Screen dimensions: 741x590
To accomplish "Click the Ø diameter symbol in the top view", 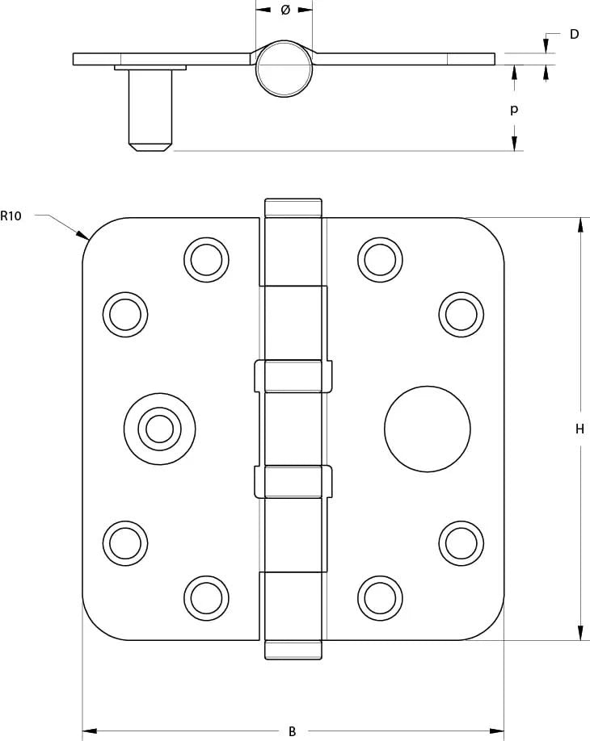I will point(284,10).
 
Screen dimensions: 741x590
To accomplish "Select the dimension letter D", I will point(574,34).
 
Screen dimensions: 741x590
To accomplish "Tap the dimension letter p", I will point(514,109).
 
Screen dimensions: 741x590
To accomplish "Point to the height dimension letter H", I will point(579,429).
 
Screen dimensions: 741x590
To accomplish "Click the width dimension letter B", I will point(293,731).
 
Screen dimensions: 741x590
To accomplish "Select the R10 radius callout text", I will point(11,216).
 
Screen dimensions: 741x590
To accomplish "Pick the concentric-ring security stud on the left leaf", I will point(159,429).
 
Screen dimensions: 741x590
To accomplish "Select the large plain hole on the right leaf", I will point(428,429).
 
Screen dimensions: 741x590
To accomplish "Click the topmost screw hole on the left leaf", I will point(206,260).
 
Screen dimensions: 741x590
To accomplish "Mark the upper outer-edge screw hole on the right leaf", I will point(461,314).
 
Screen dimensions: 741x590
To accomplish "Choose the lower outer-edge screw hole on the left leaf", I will point(125,542).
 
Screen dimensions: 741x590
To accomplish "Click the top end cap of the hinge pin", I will point(293,207).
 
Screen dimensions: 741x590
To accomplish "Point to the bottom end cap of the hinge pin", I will point(293,650).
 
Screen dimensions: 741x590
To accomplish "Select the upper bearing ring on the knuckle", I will point(293,376).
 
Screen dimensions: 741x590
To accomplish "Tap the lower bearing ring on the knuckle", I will point(293,481).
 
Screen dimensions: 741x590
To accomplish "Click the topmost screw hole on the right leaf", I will point(379,260).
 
